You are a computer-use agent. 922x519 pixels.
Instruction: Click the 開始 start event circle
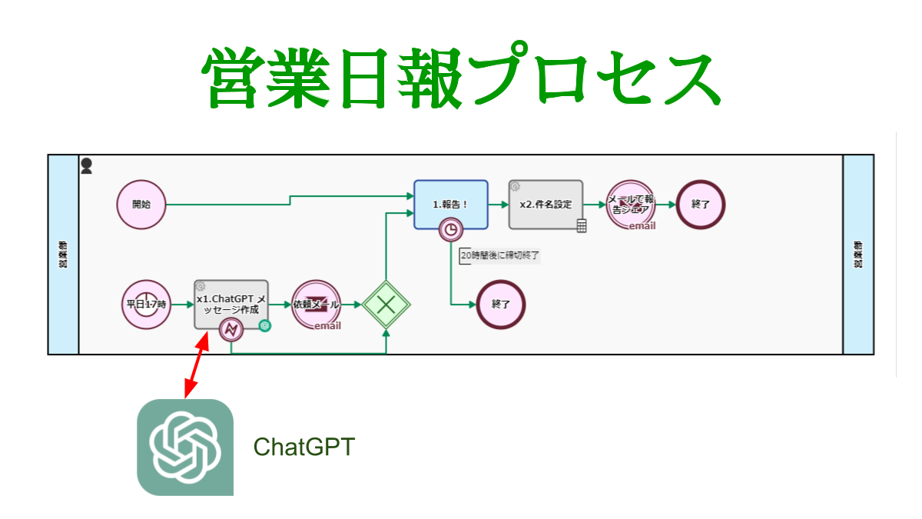pyautogui.click(x=141, y=205)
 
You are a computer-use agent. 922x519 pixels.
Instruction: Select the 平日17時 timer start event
pyautogui.click(x=146, y=304)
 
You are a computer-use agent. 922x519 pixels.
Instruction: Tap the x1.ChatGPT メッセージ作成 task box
pyautogui.click(x=230, y=302)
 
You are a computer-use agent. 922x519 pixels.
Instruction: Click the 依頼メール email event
pyautogui.click(x=317, y=304)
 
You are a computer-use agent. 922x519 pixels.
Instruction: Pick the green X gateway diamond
pyautogui.click(x=386, y=304)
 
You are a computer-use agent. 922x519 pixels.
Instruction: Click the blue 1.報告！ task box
pyautogui.click(x=450, y=204)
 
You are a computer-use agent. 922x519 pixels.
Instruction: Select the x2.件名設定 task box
pyautogui.click(x=546, y=204)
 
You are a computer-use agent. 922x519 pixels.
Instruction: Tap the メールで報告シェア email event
pyautogui.click(x=630, y=205)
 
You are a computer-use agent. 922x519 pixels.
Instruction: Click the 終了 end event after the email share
pyautogui.click(x=701, y=205)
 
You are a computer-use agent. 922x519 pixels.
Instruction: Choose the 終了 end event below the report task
pyautogui.click(x=501, y=304)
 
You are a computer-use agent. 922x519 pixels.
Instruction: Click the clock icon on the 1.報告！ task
pyautogui.click(x=451, y=229)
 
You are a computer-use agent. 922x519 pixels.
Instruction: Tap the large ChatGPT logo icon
pyautogui.click(x=185, y=447)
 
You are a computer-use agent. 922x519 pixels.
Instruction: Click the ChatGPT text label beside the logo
pyautogui.click(x=304, y=447)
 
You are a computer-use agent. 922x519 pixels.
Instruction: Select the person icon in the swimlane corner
pyautogui.click(x=87, y=165)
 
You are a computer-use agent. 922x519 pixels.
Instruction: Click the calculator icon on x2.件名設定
pyautogui.click(x=582, y=225)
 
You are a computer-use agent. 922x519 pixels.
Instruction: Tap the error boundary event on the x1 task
pyautogui.click(x=230, y=330)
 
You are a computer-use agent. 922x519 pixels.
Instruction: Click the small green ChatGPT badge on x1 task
pyautogui.click(x=265, y=325)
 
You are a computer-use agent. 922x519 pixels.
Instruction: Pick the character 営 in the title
pyautogui.click(x=233, y=78)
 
